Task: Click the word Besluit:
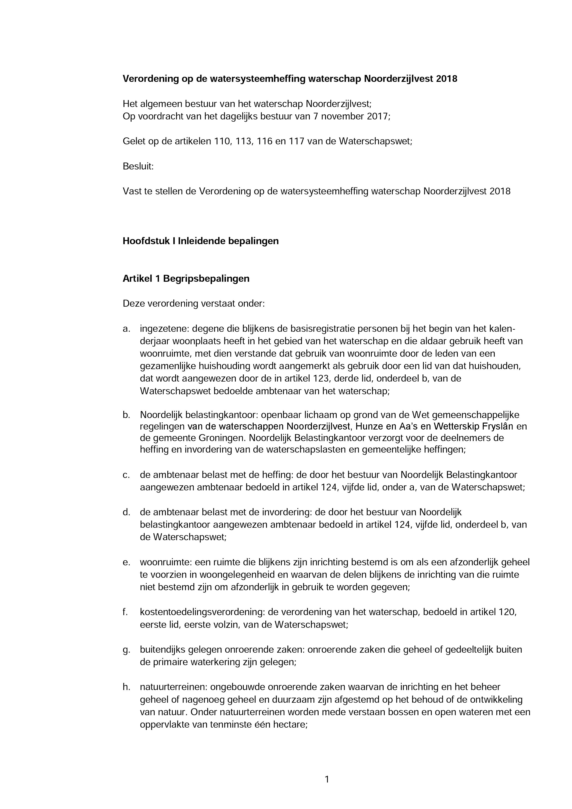coord(138,166)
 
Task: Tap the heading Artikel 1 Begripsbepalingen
coord(186,279)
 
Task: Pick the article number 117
coord(296,141)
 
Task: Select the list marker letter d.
coord(126,512)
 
